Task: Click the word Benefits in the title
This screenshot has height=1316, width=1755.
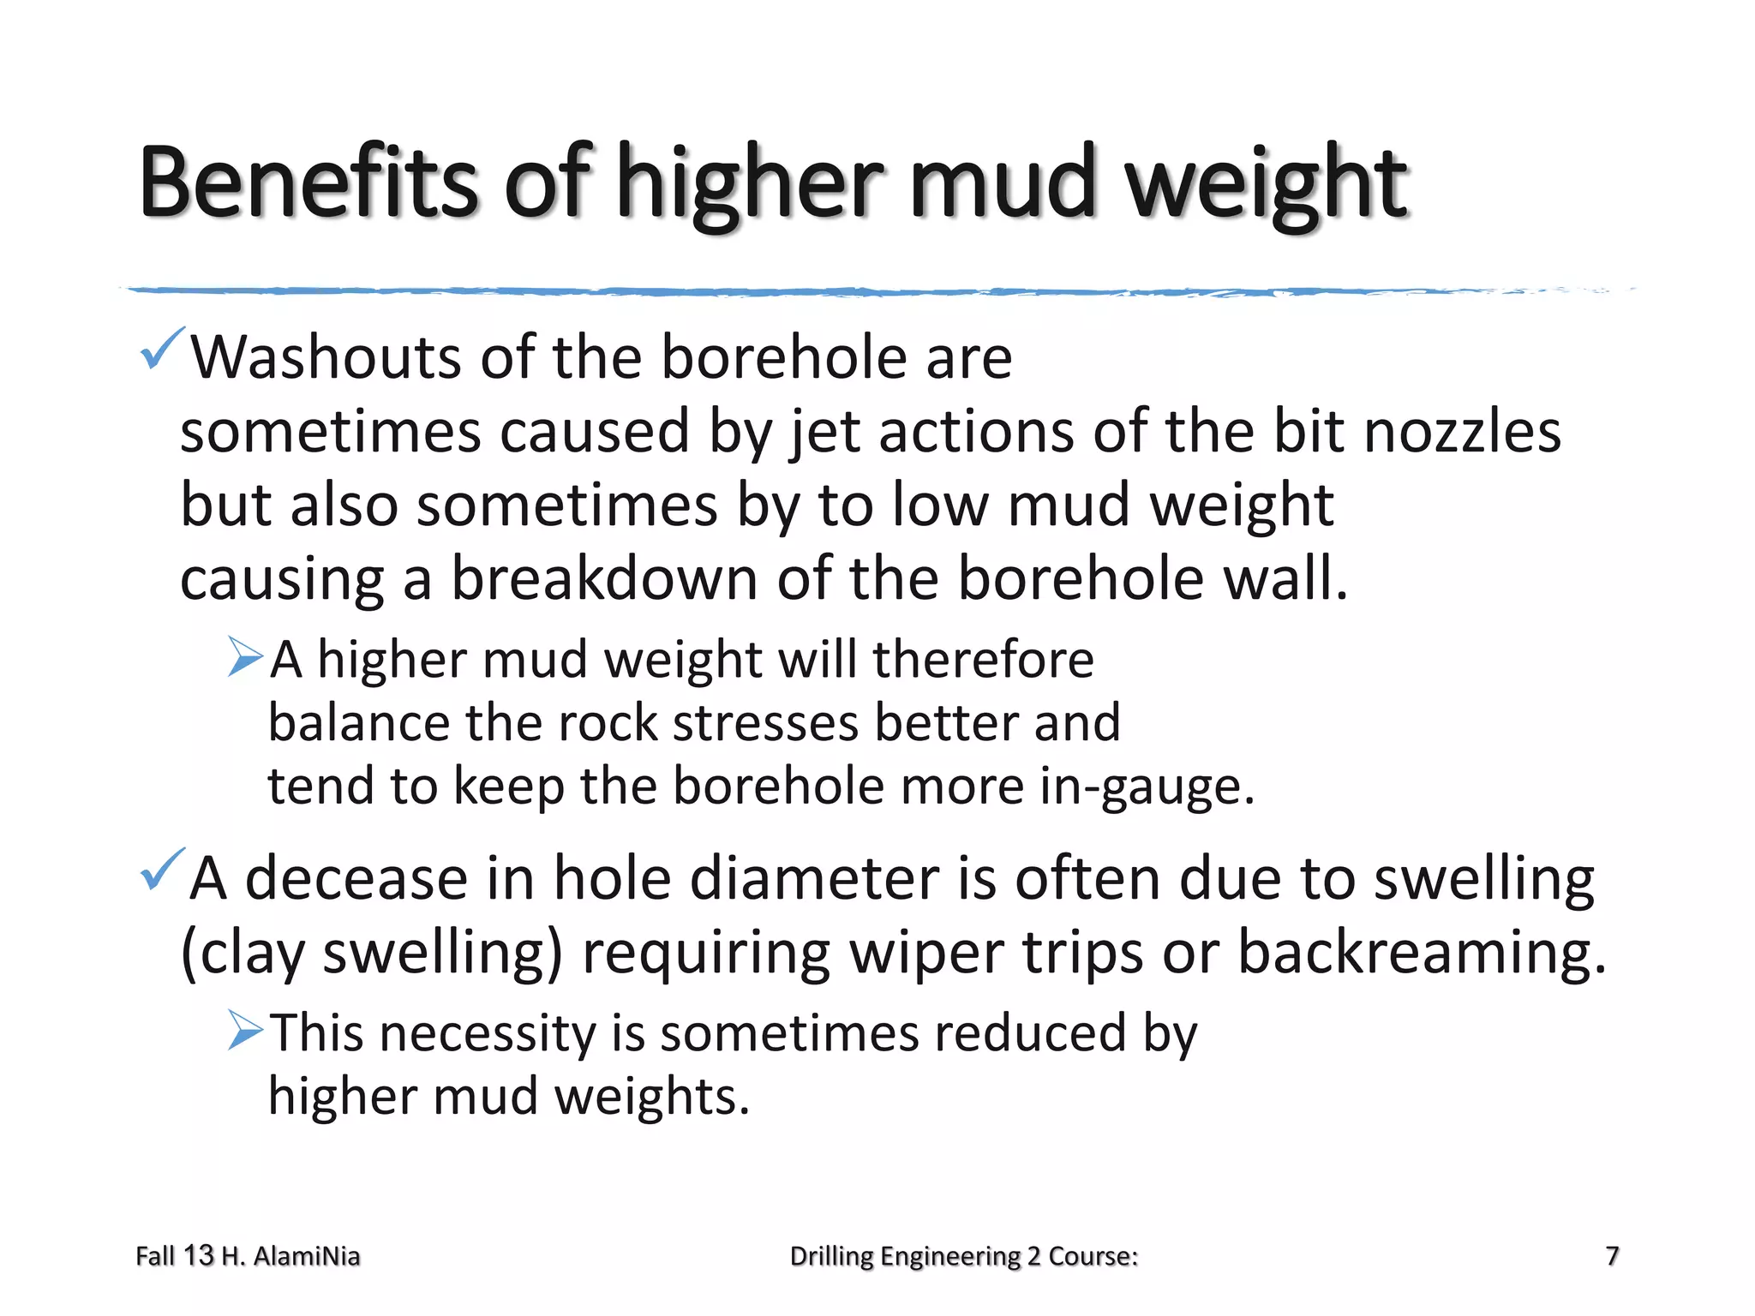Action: point(308,182)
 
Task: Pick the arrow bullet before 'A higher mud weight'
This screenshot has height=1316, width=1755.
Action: point(245,657)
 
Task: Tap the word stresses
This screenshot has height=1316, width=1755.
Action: point(764,722)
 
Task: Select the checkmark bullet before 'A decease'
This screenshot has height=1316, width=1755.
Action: point(161,869)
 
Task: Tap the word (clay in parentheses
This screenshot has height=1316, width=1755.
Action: point(243,953)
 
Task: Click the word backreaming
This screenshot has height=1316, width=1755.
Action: point(1423,953)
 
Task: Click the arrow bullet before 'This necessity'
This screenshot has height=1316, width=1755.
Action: point(245,1030)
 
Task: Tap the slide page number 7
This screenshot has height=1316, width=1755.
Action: point(1612,1256)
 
